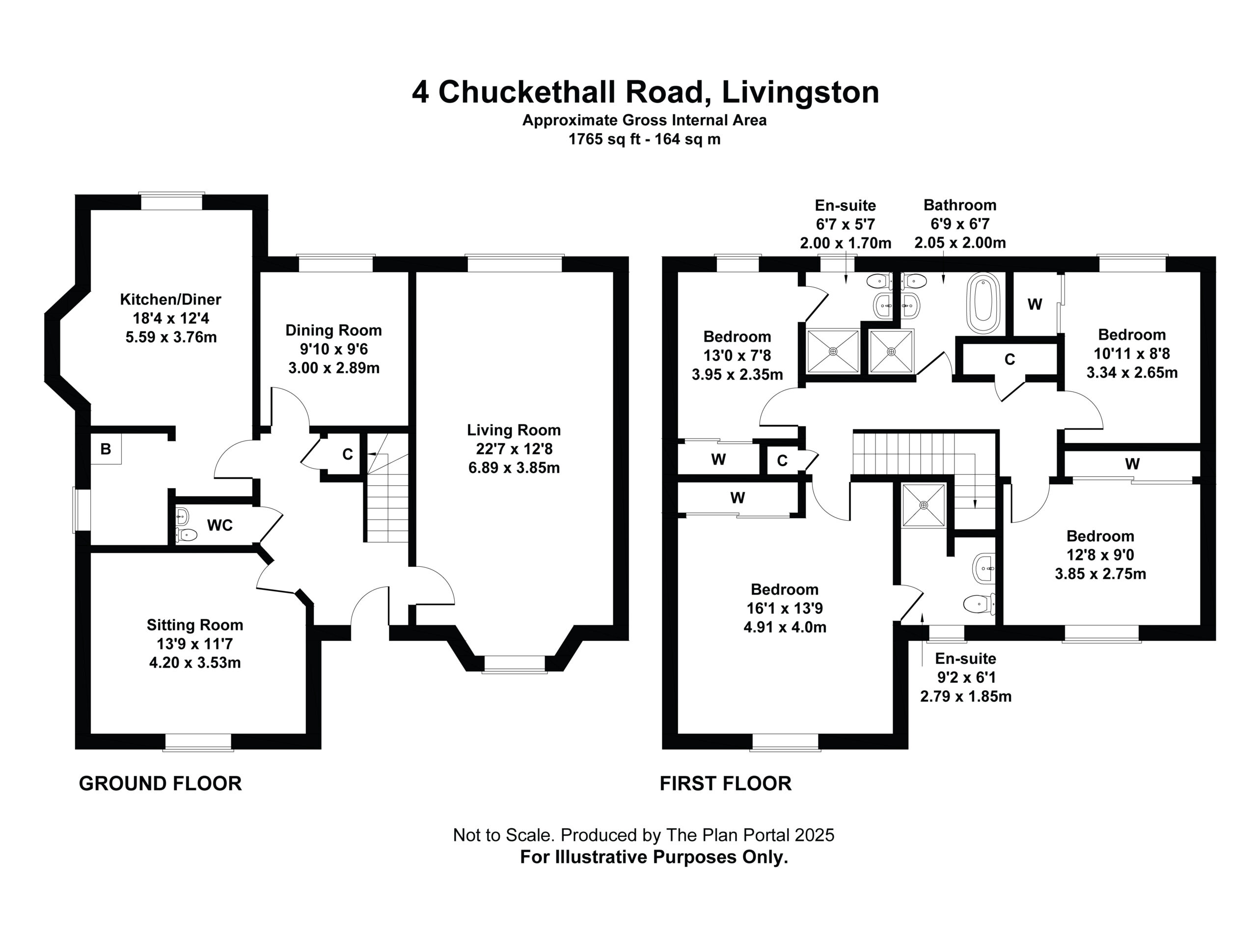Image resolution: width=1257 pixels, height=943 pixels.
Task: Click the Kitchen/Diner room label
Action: pos(170,299)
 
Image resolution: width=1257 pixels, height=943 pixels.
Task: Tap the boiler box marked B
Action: pos(106,449)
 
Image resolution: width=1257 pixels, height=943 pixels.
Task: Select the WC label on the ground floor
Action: pos(219,525)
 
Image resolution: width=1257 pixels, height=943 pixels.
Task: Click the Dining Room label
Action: pos(333,330)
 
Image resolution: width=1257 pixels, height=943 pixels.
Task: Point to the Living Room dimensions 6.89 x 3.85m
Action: pos(514,468)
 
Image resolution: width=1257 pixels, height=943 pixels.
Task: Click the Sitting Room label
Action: pos(195,625)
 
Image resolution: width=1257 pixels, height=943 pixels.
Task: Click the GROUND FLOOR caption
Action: pos(160,783)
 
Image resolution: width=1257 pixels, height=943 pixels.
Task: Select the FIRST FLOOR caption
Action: pos(725,783)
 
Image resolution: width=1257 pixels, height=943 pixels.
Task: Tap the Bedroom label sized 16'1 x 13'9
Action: pos(784,589)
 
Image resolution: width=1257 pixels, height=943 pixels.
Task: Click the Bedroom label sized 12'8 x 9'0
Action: pos(1100,535)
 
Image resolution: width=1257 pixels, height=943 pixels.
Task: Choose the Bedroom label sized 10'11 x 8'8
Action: pos(1131,334)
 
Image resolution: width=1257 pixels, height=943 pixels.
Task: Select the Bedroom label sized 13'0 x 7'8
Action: pos(737,336)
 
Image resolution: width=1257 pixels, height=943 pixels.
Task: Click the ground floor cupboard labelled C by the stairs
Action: pos(347,454)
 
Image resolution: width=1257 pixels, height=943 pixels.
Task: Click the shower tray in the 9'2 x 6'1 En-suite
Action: pos(924,505)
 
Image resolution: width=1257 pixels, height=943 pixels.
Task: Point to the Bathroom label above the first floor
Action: pos(960,205)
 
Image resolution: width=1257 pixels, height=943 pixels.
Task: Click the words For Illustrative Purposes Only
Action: pos(654,857)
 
